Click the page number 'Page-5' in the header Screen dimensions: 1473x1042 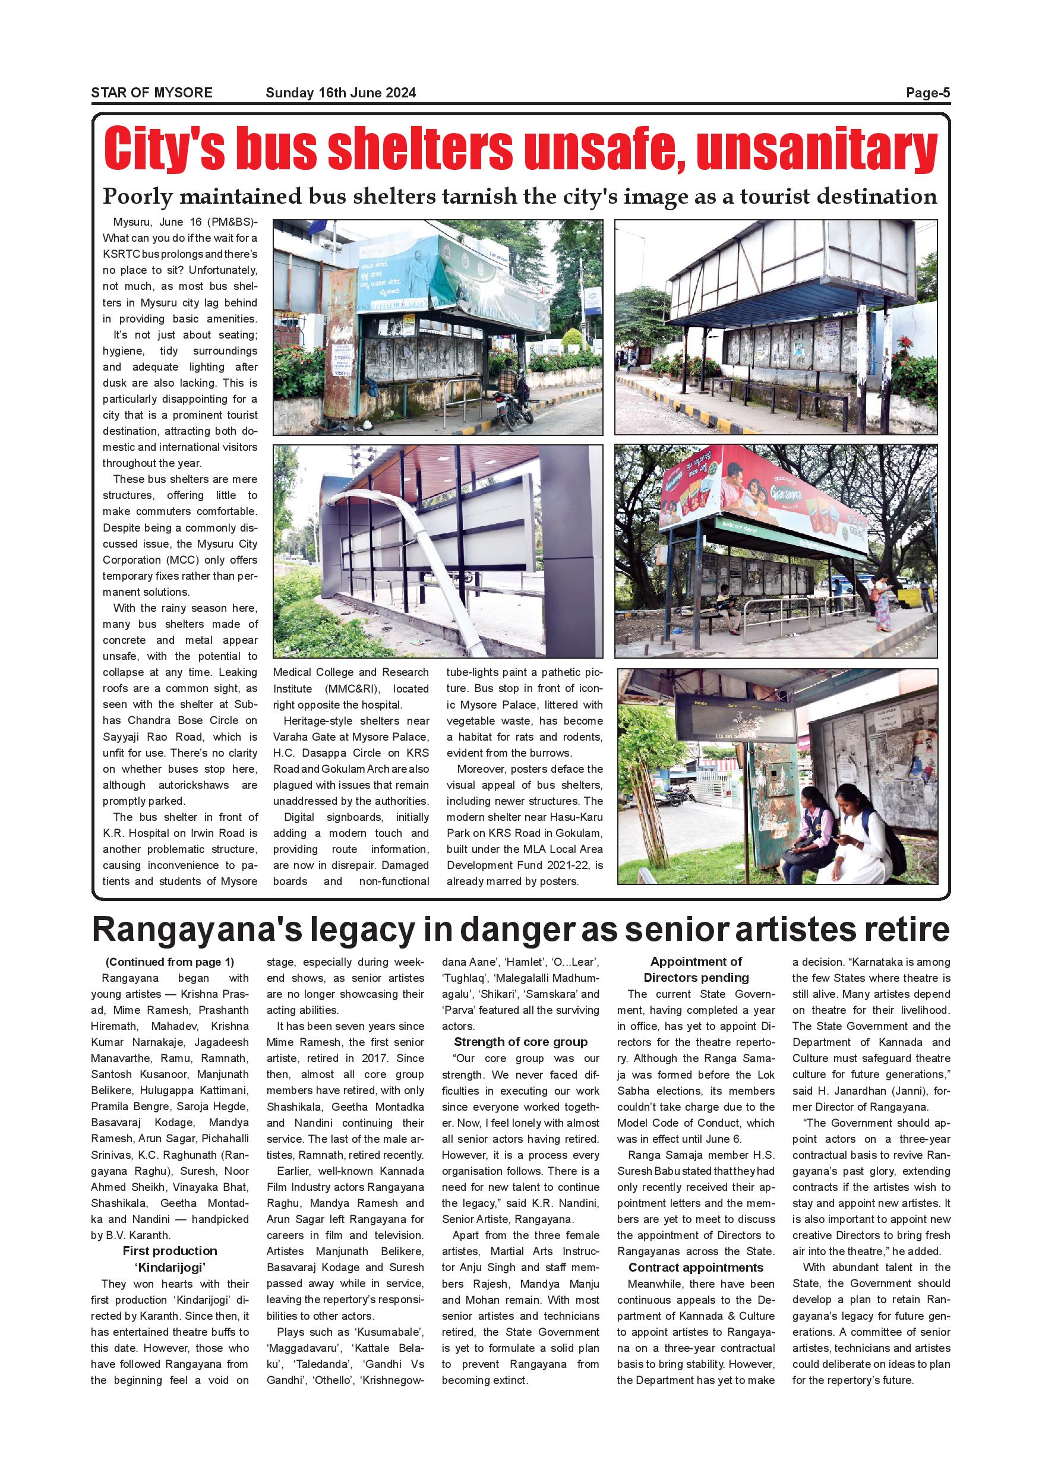927,93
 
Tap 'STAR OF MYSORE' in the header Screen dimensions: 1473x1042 151,93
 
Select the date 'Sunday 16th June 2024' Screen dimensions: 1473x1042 341,93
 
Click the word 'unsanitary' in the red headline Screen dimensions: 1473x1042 817,150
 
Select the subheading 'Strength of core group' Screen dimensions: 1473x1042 520,1042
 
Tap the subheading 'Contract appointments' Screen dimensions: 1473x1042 696,1267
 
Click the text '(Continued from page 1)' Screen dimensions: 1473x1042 170,962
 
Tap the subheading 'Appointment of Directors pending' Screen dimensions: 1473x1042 696,969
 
